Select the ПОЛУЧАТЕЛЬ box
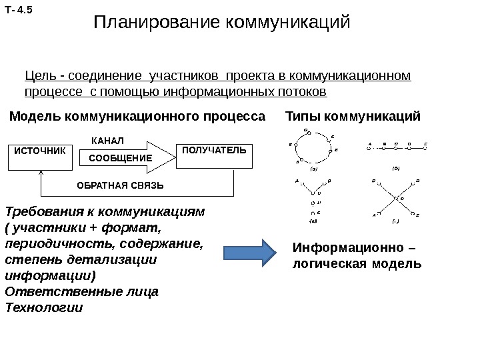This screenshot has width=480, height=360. (213, 150)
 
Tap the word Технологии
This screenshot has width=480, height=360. (43, 308)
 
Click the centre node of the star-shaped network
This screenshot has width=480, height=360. (395, 198)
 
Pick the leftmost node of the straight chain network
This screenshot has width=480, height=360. (369, 145)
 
